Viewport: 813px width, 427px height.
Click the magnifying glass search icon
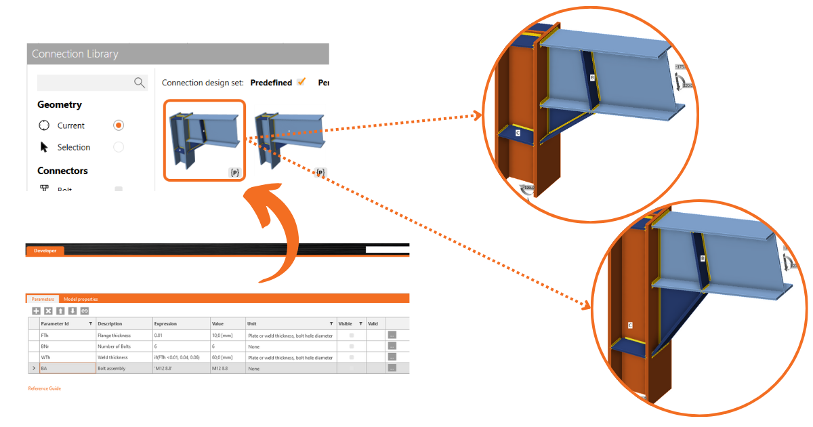[x=140, y=83]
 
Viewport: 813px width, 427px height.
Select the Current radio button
[x=119, y=125]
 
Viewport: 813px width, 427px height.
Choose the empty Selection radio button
[x=119, y=147]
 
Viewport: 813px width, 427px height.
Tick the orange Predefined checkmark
[x=301, y=82]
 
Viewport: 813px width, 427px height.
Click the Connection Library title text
[x=75, y=54]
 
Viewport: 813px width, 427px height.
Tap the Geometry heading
[x=60, y=104]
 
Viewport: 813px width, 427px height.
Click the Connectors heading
[x=62, y=171]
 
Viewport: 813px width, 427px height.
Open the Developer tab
[x=45, y=251]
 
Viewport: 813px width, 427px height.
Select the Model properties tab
[x=81, y=299]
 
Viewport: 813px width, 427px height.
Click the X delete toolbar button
[x=48, y=310]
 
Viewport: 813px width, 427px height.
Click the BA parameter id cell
[x=66, y=368]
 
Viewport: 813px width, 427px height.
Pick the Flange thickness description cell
[x=114, y=335]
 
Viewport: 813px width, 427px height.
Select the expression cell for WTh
[x=180, y=357]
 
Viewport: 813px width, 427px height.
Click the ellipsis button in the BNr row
[x=392, y=346]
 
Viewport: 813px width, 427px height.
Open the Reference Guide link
[x=44, y=388]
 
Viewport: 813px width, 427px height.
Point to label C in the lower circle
[x=630, y=325]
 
